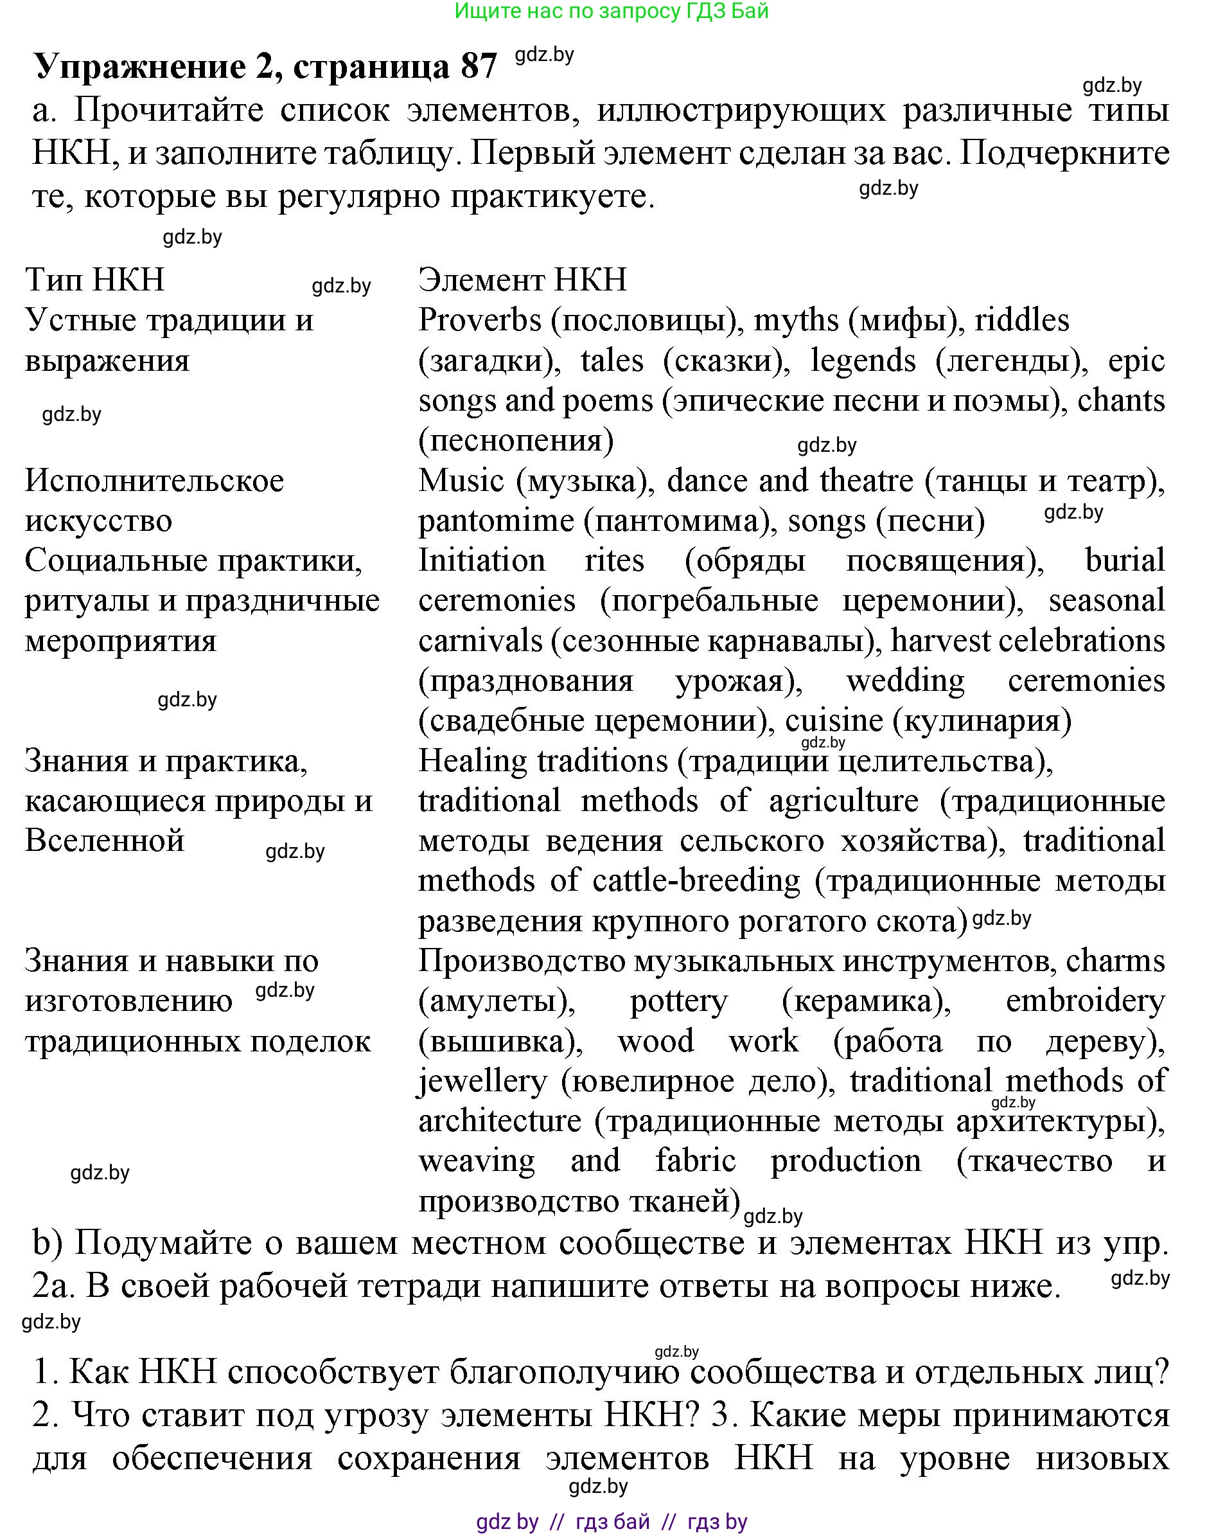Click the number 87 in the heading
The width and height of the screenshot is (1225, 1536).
point(479,67)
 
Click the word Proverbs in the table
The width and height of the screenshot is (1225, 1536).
point(479,321)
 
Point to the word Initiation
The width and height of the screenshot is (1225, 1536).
point(481,560)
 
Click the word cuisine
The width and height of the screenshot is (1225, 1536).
point(833,721)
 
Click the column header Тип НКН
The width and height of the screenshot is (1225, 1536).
point(94,280)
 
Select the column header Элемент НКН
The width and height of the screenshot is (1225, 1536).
point(522,280)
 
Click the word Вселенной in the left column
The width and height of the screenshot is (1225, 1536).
point(105,841)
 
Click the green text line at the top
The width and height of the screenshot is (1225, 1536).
point(611,11)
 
